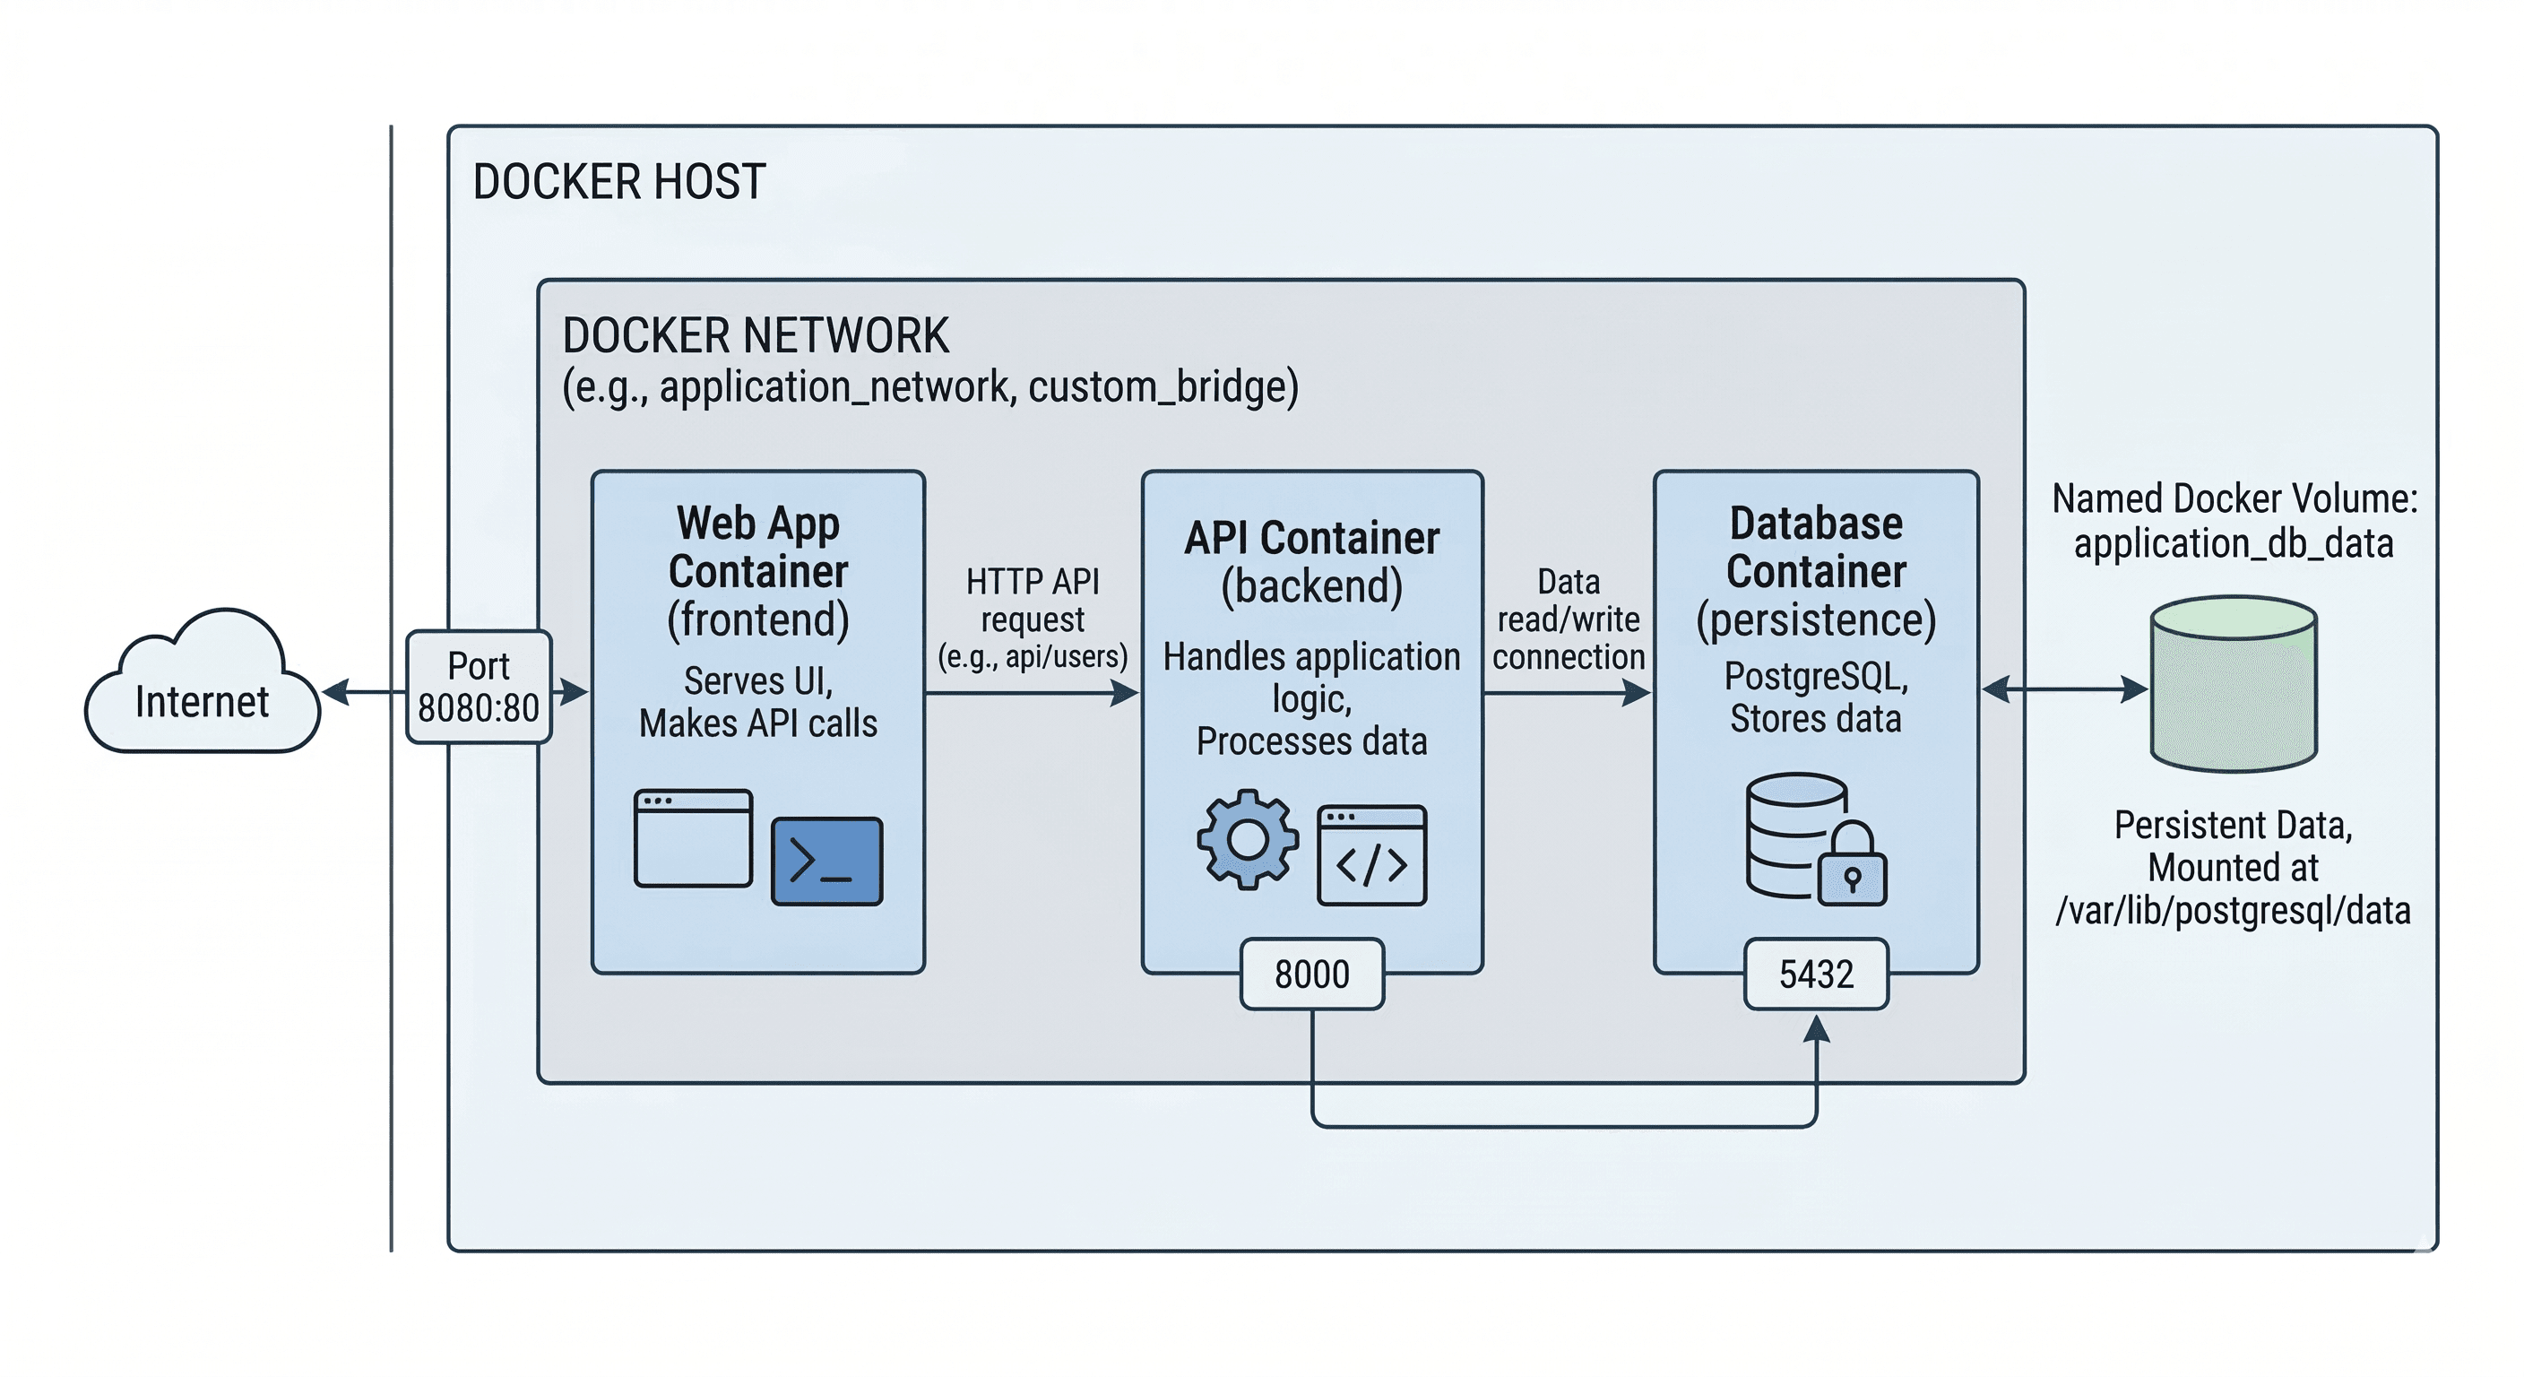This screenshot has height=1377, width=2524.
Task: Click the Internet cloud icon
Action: point(202,686)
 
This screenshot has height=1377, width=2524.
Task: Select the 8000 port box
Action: point(1311,974)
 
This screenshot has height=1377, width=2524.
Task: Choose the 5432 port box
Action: point(1816,974)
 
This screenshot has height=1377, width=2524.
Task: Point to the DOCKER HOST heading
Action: point(618,182)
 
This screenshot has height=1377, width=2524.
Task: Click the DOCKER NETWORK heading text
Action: point(755,336)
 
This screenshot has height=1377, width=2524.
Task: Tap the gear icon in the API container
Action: point(1248,839)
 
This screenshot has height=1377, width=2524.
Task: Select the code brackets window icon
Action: point(1370,855)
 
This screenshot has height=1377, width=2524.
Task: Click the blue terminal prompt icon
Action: point(827,861)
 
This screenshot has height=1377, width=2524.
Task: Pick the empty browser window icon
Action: point(693,838)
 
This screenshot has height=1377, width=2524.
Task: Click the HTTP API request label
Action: point(1032,619)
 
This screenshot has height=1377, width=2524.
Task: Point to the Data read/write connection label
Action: point(1568,619)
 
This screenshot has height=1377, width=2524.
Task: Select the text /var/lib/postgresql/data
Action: point(2232,911)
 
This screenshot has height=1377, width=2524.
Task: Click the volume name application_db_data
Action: point(2233,543)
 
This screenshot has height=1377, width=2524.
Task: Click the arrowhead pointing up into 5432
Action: point(1816,1029)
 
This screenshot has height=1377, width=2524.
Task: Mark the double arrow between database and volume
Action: point(2063,690)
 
